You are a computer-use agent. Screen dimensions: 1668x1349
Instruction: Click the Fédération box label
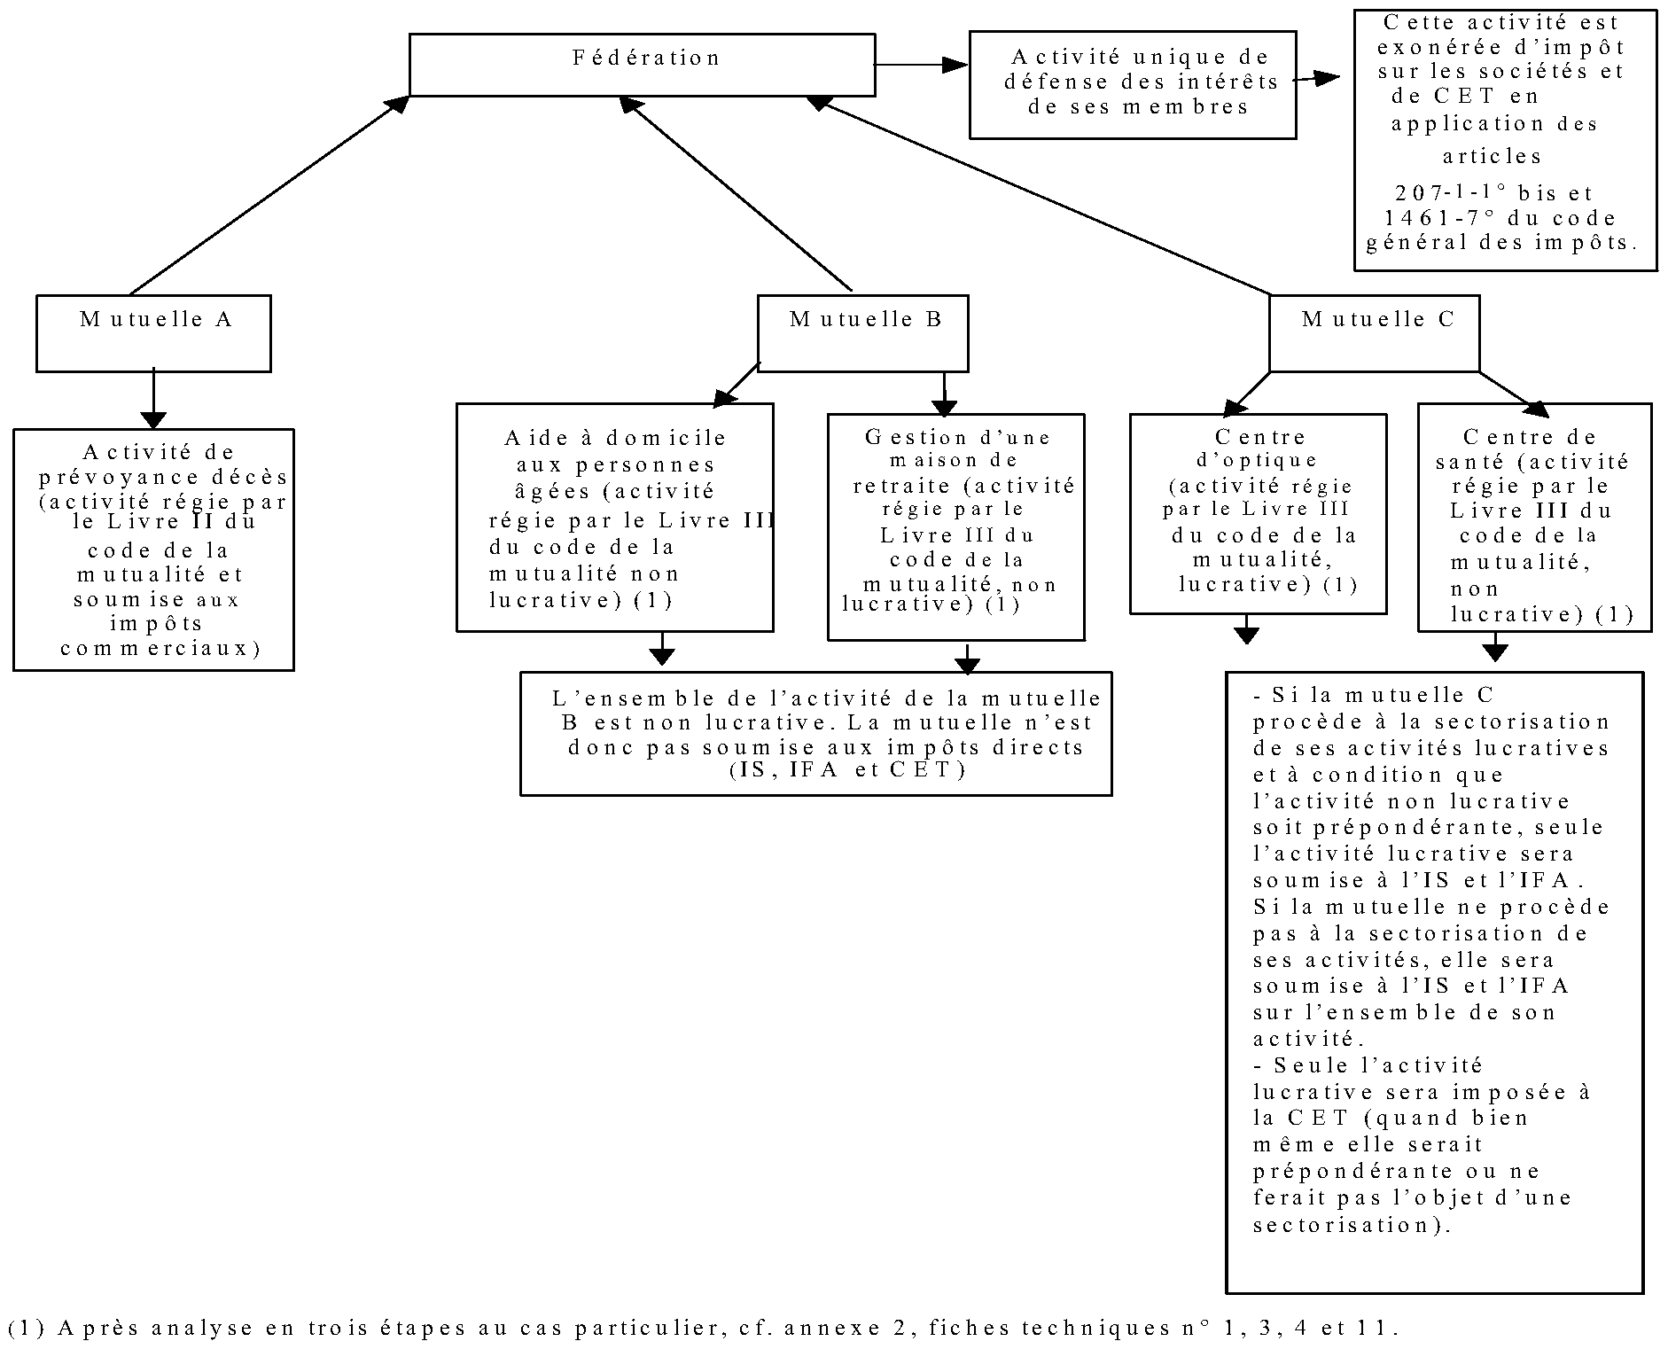tap(646, 58)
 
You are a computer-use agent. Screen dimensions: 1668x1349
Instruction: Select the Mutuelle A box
tap(153, 333)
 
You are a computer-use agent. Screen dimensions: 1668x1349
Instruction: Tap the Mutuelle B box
tap(862, 333)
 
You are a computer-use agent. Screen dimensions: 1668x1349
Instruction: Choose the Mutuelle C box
tap(1375, 333)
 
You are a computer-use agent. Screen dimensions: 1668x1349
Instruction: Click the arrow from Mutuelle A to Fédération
tap(269, 195)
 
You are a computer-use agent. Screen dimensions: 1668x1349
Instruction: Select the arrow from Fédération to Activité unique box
tap(922, 65)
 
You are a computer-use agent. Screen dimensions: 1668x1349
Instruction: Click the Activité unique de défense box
tap(1133, 85)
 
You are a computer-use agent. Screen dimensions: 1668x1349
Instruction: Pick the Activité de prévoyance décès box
tap(153, 550)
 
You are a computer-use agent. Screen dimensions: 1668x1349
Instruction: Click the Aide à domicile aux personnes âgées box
tap(615, 518)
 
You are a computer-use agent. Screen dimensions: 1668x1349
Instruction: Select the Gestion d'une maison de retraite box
tap(955, 526)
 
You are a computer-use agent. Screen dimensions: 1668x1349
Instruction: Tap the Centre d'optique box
tap(1258, 514)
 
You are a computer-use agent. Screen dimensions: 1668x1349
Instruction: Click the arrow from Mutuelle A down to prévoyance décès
tap(153, 399)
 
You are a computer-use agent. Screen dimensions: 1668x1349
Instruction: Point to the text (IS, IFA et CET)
tap(847, 770)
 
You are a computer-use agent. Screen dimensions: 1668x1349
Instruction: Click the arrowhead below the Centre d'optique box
tap(1247, 635)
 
